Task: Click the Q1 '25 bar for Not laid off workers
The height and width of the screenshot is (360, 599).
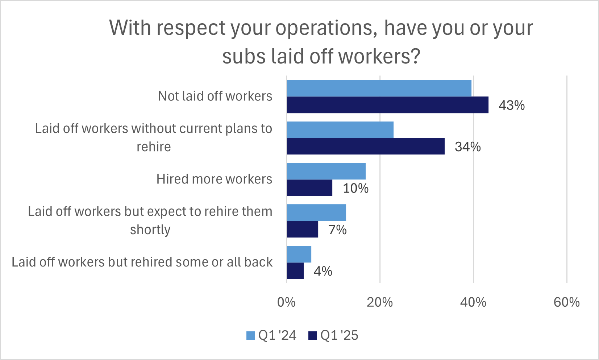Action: click(387, 105)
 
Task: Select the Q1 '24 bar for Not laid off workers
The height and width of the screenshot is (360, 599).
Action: click(379, 88)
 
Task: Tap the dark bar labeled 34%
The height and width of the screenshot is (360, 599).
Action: click(365, 146)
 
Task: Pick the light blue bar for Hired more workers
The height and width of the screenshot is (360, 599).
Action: click(326, 171)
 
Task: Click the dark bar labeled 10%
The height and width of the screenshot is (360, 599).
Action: click(309, 188)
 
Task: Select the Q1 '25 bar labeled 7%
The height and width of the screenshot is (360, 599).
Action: click(302, 229)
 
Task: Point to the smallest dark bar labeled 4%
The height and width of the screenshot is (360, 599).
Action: click(295, 271)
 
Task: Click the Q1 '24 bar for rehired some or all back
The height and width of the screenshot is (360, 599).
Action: click(299, 254)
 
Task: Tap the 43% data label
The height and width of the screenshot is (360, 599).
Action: click(511, 105)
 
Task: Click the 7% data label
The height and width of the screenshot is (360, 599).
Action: click(337, 229)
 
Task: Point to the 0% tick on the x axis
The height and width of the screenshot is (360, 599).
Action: click(286, 302)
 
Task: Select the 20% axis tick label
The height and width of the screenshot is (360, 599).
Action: click(379, 302)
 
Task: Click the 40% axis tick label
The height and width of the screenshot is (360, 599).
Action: click(473, 302)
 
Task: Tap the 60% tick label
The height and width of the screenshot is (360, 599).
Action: click(566, 302)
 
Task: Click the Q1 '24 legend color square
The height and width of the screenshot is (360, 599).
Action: click(250, 335)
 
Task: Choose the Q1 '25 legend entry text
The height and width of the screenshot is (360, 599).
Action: click(339, 335)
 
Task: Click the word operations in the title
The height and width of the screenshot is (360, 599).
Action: click(324, 28)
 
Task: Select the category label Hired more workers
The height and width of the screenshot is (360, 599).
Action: click(214, 179)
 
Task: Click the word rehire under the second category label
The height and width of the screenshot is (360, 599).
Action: click(154, 147)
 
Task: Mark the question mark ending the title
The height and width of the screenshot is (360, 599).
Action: click(415, 57)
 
